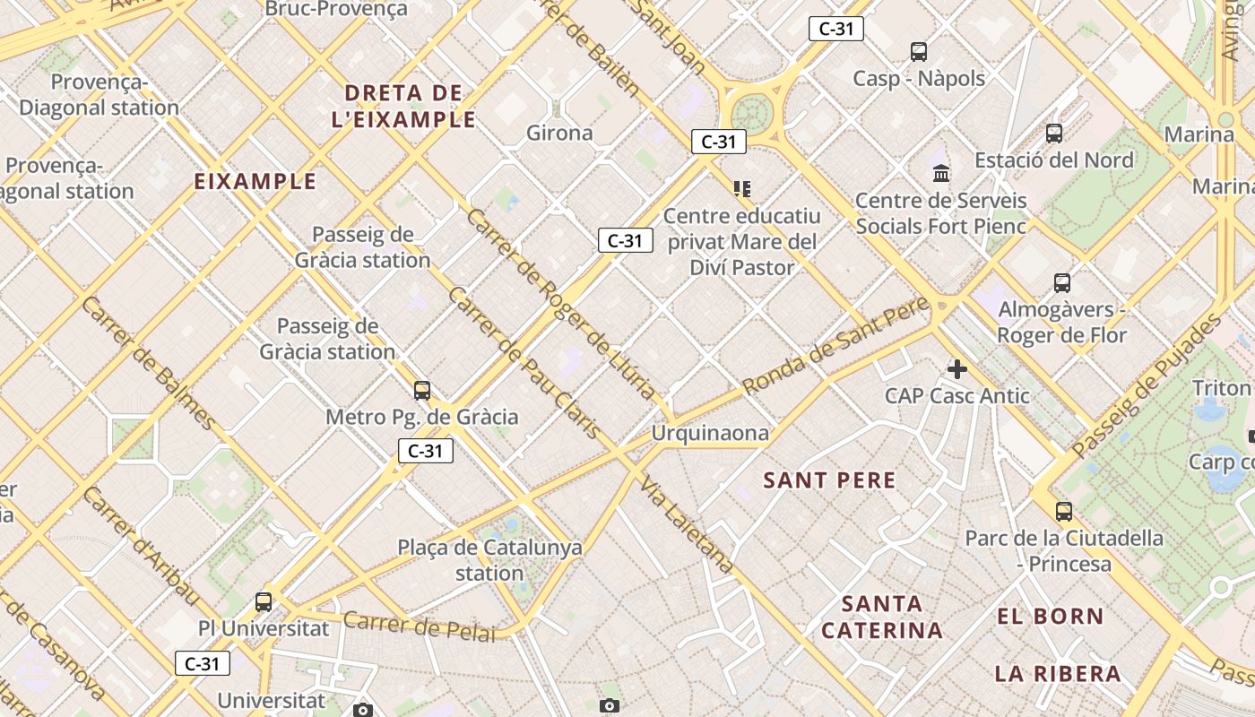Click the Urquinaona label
point(710,434)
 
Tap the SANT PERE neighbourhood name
point(829,480)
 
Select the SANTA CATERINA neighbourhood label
point(882,617)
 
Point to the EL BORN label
point(1051,617)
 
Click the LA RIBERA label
point(1058,674)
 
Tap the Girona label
point(559,134)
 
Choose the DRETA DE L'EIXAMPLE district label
point(403,106)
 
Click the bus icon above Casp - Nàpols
point(919,52)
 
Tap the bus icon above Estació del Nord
point(1054,134)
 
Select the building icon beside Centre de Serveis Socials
point(941,173)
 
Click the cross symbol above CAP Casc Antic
point(957,368)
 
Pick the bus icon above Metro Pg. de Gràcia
point(422,391)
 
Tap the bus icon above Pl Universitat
point(264,601)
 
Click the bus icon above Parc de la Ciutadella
point(1064,512)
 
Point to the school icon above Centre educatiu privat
point(741,188)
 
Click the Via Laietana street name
point(687,524)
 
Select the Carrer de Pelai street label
point(419,626)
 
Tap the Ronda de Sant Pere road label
point(835,347)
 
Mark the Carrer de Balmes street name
point(148,362)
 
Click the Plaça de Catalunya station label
point(489,560)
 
